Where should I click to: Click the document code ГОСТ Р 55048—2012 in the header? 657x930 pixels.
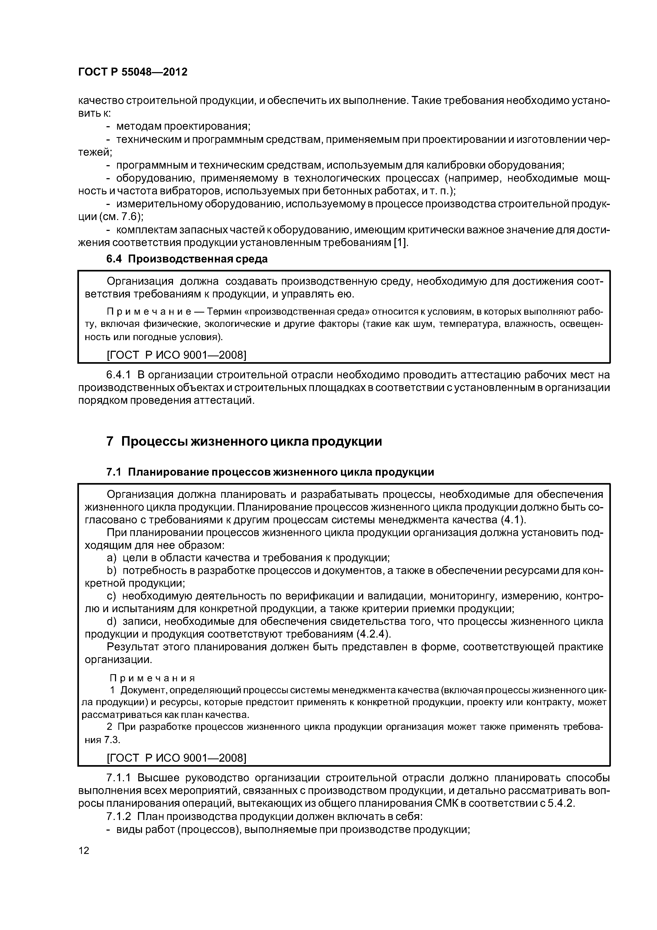pos(132,72)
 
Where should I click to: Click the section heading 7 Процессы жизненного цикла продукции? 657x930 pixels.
pos(244,441)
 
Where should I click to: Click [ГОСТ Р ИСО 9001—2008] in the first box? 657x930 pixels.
pos(176,355)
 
